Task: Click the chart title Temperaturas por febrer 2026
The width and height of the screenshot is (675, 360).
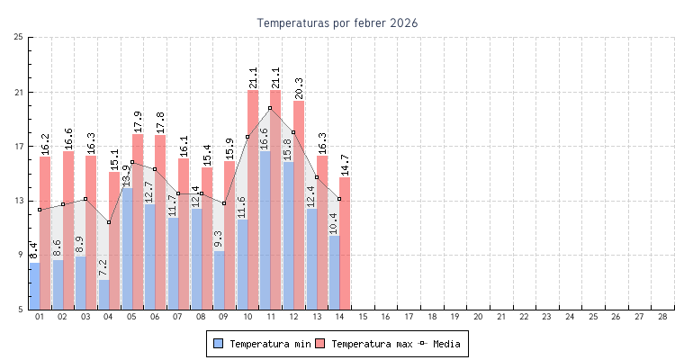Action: [x=337, y=22]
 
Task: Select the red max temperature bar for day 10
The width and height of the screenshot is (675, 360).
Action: [x=253, y=198]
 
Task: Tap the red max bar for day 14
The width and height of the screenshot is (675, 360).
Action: [x=345, y=243]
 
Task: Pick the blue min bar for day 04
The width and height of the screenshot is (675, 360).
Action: [x=103, y=294]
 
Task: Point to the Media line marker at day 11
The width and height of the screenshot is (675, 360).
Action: [x=270, y=108]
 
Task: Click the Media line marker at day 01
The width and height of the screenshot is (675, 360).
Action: [x=40, y=210]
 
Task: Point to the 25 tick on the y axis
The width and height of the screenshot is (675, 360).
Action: [x=19, y=38]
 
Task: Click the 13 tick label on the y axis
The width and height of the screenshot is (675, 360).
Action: [x=19, y=201]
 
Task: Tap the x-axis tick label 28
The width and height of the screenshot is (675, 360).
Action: [x=662, y=317]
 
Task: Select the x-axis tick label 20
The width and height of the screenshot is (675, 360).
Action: [x=478, y=317]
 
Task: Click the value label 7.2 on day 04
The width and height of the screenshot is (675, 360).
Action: [x=103, y=267]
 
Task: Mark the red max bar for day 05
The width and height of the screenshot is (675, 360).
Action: [x=138, y=220]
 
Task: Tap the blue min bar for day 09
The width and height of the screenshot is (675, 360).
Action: [x=219, y=280]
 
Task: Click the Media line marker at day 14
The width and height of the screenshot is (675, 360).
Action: [x=339, y=199]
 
